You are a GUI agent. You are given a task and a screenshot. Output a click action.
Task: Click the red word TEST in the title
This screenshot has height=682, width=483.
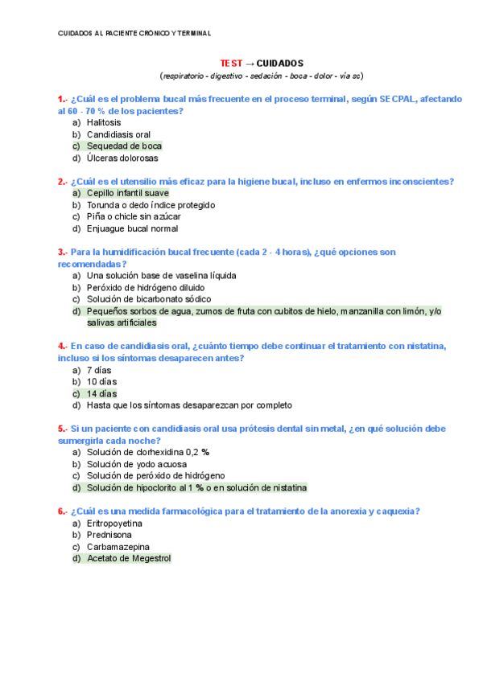pyautogui.click(x=231, y=63)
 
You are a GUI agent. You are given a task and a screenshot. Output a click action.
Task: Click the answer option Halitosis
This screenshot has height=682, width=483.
pyautogui.click(x=104, y=122)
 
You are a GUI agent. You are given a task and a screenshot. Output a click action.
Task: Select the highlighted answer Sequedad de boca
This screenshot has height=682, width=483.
pyautogui.click(x=124, y=146)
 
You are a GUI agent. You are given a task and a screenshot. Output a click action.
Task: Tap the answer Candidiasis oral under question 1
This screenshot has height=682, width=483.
pyautogui.click(x=118, y=134)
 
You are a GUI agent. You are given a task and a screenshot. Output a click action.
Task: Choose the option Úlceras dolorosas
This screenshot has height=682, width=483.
pyautogui.click(x=122, y=158)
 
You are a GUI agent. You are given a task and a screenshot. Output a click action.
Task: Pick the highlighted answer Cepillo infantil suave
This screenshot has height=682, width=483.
pyautogui.click(x=127, y=193)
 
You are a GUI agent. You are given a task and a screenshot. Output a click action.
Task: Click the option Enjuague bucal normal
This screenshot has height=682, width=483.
pyautogui.click(x=132, y=229)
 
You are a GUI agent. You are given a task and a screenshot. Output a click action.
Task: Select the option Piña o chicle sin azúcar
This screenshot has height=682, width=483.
pyautogui.click(x=134, y=217)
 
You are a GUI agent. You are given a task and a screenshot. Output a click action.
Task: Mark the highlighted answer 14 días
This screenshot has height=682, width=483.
pyautogui.click(x=102, y=393)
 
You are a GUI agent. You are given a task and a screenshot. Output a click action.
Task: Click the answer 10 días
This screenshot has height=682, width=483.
pyautogui.click(x=102, y=381)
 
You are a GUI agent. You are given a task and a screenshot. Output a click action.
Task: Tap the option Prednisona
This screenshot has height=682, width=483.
pyautogui.click(x=109, y=534)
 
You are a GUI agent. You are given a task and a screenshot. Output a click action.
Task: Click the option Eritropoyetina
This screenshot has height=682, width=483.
pyautogui.click(x=114, y=523)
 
